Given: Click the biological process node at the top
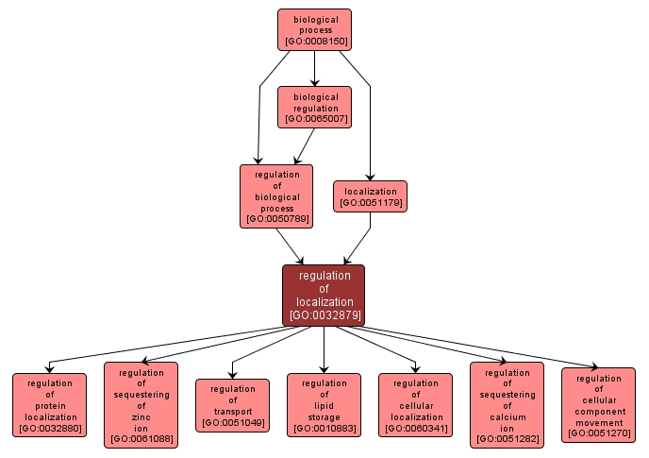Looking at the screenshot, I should click(314, 29).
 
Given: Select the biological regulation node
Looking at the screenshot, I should click(314, 107).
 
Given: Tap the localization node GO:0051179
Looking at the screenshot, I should click(370, 196).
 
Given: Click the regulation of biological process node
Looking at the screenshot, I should click(276, 196).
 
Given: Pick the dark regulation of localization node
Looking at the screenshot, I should click(324, 295).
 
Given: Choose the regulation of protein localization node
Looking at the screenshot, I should click(49, 405).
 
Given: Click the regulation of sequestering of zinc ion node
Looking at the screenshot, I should click(141, 404).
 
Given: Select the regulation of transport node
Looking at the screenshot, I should click(232, 405).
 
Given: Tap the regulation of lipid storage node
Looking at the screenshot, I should click(324, 405).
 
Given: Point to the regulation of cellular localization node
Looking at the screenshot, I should click(415, 405).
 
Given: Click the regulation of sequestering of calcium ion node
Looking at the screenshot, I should click(507, 404).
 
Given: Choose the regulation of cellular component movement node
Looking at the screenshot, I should click(598, 405).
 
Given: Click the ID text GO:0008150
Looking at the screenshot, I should click(314, 42).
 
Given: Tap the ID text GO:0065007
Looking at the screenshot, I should click(314, 120).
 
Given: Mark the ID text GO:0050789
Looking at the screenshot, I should click(276, 219).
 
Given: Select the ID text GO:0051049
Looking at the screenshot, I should click(232, 424).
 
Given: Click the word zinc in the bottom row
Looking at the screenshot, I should click(141, 416).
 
